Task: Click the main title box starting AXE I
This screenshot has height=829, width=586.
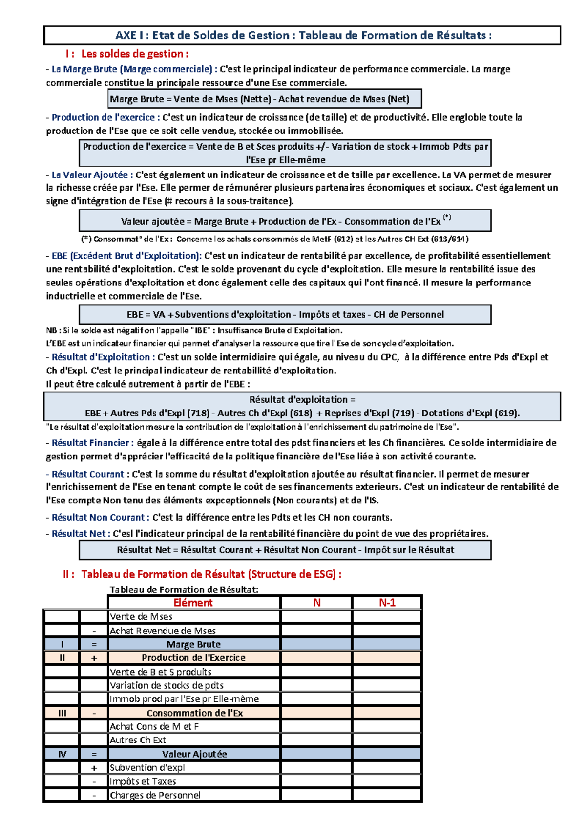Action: pyautogui.click(x=302, y=35)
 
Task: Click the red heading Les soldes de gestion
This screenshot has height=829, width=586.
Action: pyautogui.click(x=134, y=54)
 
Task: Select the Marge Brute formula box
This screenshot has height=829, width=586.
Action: pyautogui.click(x=264, y=99)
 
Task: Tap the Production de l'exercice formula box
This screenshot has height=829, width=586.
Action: pyautogui.click(x=285, y=153)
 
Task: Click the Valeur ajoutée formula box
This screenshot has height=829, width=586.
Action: pyautogui.click(x=285, y=221)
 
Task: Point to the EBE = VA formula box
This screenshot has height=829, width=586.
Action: pyautogui.click(x=285, y=314)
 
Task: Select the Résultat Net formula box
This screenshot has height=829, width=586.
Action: pyautogui.click(x=285, y=550)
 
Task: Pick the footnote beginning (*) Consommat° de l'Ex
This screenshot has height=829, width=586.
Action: pyautogui.click(x=274, y=239)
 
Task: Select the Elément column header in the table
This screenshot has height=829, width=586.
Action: pyautogui.click(x=193, y=603)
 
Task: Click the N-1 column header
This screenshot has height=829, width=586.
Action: pyautogui.click(x=387, y=603)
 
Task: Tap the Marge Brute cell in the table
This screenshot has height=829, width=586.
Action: pyautogui.click(x=193, y=644)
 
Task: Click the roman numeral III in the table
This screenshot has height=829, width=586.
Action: pyautogui.click(x=62, y=713)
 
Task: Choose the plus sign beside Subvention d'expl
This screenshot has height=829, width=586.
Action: pyautogui.click(x=94, y=768)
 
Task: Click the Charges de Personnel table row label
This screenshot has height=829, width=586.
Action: pyautogui.click(x=155, y=795)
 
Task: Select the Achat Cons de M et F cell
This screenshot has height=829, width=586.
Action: pyautogui.click(x=154, y=727)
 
